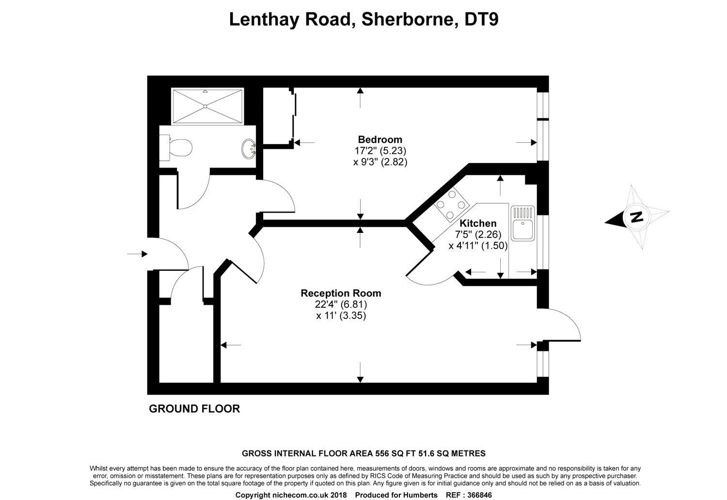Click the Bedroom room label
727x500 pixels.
click(x=380, y=139)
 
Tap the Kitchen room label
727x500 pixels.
click(x=478, y=223)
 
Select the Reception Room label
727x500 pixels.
click(x=341, y=293)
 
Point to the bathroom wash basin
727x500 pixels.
click(x=249, y=149)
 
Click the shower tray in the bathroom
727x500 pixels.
click(x=207, y=106)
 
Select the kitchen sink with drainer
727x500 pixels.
click(x=522, y=223)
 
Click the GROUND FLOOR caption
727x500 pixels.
click(x=194, y=409)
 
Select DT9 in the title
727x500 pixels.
click(x=481, y=19)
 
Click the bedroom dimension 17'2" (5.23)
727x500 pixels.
click(x=380, y=151)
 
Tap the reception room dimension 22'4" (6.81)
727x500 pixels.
click(x=341, y=305)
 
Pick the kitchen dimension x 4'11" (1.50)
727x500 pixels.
click(x=478, y=246)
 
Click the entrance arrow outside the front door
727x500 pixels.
click(x=137, y=254)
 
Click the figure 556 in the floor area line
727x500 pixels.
click(x=382, y=453)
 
